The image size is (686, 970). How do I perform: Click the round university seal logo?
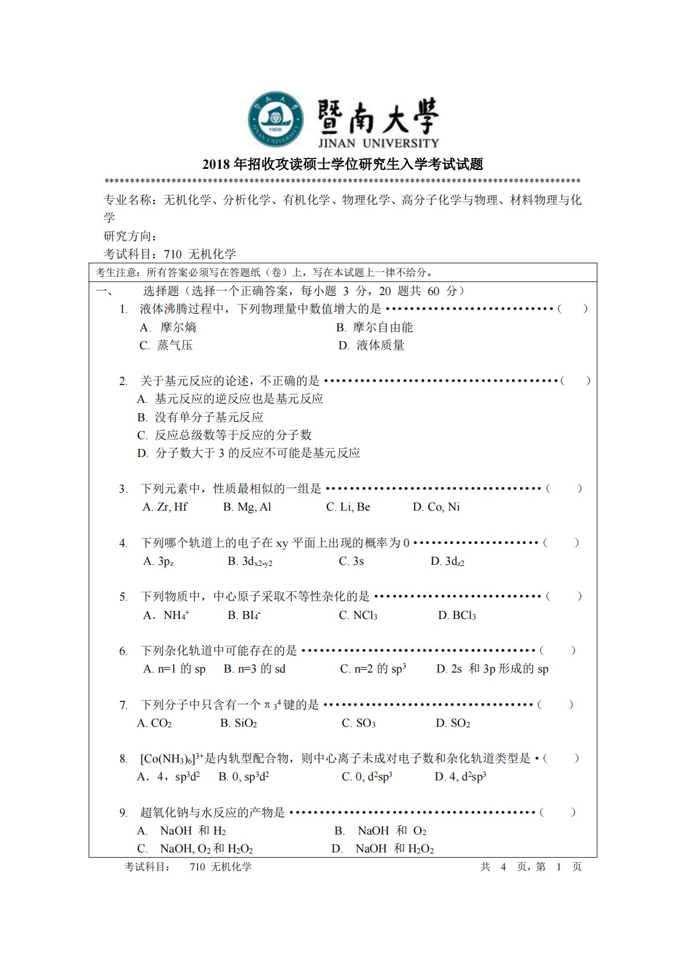(276, 119)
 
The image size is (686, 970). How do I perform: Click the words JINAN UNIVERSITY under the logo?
(378, 143)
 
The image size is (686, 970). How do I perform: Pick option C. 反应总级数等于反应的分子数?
(224, 435)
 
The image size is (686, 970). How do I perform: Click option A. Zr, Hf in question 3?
(165, 507)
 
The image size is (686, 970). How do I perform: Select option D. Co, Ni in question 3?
(436, 507)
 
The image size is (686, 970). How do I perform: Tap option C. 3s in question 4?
(351, 561)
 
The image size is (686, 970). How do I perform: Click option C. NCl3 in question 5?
(358, 616)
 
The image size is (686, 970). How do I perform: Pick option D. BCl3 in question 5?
(457, 616)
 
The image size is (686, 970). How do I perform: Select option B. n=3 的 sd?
(254, 669)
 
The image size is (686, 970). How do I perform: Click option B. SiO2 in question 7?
(238, 723)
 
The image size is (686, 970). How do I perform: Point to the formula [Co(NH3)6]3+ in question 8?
(172, 758)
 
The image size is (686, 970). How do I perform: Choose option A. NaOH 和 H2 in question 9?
(182, 831)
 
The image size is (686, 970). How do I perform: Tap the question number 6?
(123, 651)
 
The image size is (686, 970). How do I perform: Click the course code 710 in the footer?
(197, 867)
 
